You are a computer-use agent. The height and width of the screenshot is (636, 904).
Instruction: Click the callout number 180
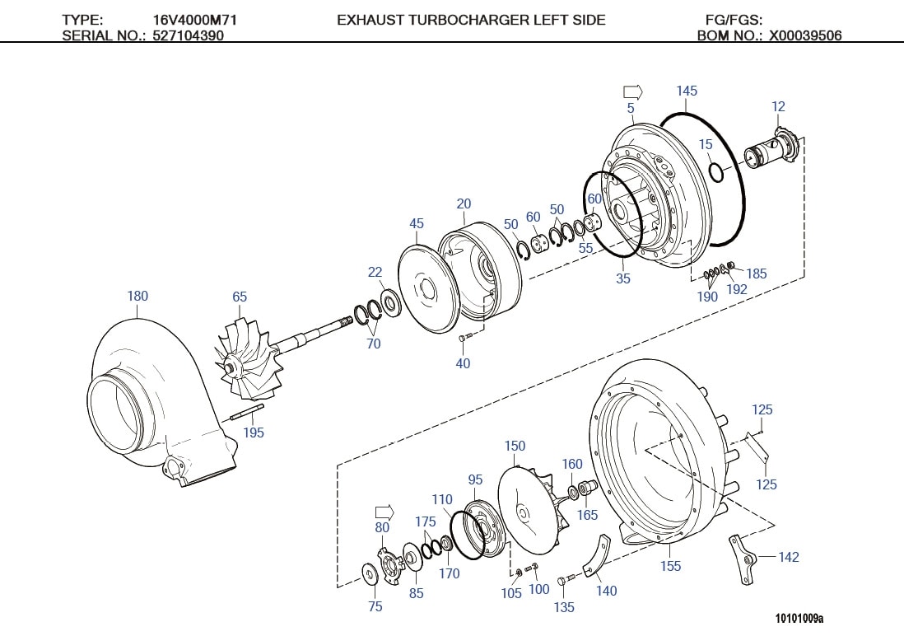click(x=137, y=296)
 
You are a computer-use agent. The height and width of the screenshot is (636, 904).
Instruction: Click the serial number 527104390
click(x=188, y=35)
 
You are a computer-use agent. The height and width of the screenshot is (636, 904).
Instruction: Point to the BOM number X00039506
click(x=805, y=35)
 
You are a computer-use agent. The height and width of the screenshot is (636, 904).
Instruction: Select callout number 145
click(x=687, y=91)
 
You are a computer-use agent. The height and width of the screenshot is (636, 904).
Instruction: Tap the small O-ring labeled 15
click(x=717, y=172)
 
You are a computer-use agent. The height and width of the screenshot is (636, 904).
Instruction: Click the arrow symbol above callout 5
click(x=631, y=91)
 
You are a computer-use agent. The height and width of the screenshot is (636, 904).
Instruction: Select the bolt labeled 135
click(x=562, y=582)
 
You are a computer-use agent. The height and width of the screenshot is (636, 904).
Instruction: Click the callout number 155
click(x=671, y=566)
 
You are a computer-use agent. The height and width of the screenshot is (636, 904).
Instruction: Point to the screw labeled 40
click(x=464, y=336)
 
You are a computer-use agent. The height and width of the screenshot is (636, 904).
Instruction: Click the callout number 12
click(x=778, y=106)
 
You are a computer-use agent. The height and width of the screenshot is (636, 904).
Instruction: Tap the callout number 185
click(x=756, y=274)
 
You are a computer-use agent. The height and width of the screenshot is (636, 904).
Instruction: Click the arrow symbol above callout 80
click(x=383, y=512)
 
